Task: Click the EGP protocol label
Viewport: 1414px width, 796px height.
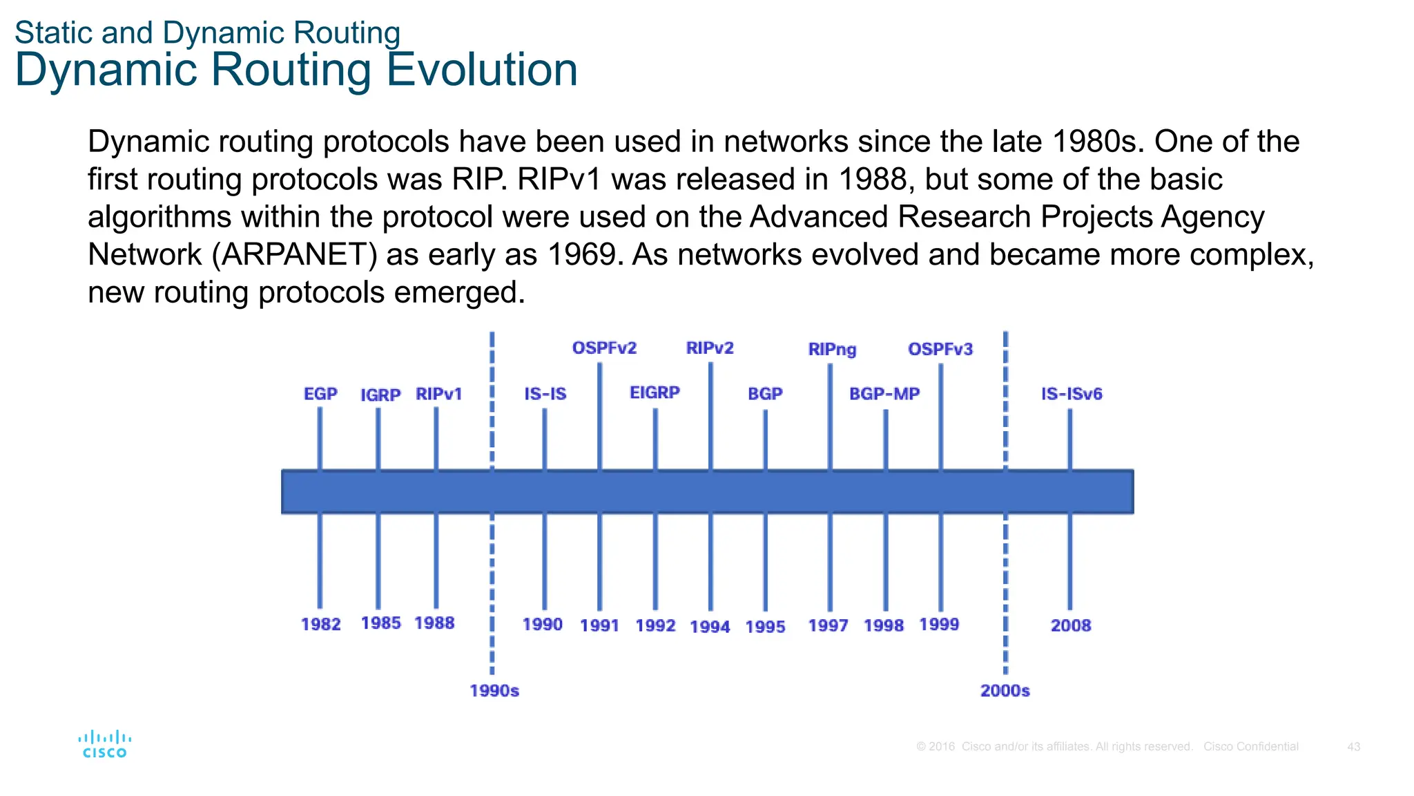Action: (320, 394)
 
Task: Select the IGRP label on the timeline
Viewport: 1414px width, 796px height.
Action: (380, 395)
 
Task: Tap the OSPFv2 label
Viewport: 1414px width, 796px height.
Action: (604, 348)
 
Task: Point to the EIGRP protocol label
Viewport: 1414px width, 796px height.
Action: (655, 392)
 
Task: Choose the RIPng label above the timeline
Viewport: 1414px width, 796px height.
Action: (832, 350)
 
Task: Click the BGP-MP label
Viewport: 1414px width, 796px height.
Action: (884, 394)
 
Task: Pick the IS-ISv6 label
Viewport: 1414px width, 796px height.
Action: (1072, 394)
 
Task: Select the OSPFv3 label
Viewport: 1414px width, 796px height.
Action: (940, 349)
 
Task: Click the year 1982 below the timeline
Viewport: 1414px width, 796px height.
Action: (321, 624)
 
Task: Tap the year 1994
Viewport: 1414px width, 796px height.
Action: (710, 627)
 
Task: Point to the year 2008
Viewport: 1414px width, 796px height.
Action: (1071, 625)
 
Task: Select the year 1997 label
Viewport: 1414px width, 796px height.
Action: (828, 625)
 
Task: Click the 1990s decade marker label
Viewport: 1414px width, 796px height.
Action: (494, 690)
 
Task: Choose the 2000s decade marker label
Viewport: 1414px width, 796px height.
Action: (1005, 690)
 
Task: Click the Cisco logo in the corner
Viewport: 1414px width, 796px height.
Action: (104, 744)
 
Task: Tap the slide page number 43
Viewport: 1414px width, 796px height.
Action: (1353, 747)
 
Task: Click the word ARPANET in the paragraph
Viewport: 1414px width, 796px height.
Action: (294, 255)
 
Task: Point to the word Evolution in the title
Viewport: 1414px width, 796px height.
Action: (482, 70)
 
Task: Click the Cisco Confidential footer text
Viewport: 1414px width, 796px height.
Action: (1250, 747)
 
